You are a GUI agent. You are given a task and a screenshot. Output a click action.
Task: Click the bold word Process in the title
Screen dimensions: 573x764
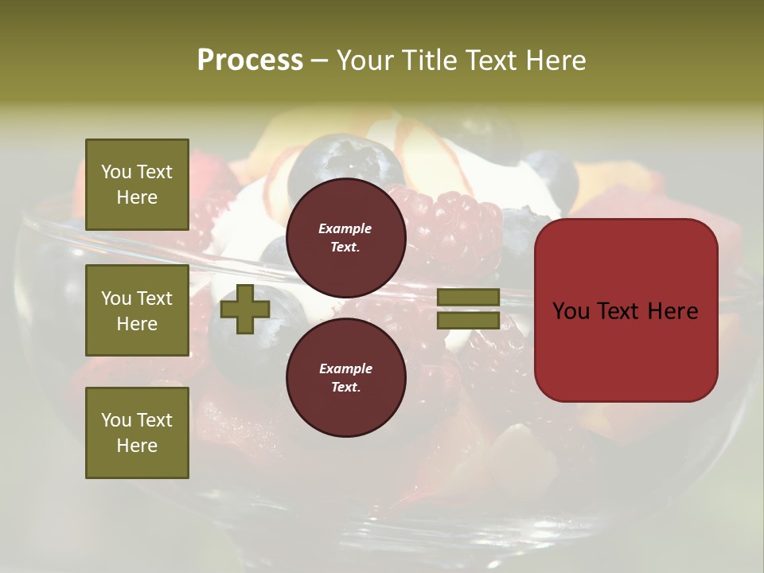click(x=250, y=60)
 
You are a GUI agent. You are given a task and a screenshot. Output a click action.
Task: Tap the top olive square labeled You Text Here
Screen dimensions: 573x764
click(x=137, y=185)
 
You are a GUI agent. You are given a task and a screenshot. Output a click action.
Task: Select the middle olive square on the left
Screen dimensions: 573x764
click(x=137, y=310)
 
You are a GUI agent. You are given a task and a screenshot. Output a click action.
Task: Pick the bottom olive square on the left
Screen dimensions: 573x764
click(x=137, y=432)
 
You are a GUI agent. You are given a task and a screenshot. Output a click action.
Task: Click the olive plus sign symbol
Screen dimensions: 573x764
click(x=245, y=310)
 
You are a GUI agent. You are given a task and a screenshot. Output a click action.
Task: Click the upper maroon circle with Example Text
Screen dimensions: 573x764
click(x=345, y=237)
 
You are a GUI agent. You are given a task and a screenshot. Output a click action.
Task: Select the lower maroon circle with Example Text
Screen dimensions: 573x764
click(x=345, y=377)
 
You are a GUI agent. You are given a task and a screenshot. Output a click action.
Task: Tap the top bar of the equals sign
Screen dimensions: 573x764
click(x=468, y=298)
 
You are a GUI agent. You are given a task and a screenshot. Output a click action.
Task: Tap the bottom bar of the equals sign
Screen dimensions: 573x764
click(x=468, y=321)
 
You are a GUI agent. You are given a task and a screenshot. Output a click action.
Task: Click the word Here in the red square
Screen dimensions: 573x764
click(x=672, y=310)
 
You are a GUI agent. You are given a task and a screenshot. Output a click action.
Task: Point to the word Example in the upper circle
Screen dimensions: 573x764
click(x=345, y=228)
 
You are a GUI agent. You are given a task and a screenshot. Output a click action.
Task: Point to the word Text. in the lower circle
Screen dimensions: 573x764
click(x=345, y=387)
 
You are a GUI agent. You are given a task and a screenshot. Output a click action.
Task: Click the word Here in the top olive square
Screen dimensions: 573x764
click(x=137, y=197)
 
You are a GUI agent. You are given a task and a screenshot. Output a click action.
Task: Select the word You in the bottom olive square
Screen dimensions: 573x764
click(x=115, y=420)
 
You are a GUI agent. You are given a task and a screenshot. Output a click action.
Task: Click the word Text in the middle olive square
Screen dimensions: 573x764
click(x=154, y=298)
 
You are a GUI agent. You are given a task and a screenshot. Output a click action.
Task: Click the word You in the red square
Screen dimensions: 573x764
click(x=571, y=310)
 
